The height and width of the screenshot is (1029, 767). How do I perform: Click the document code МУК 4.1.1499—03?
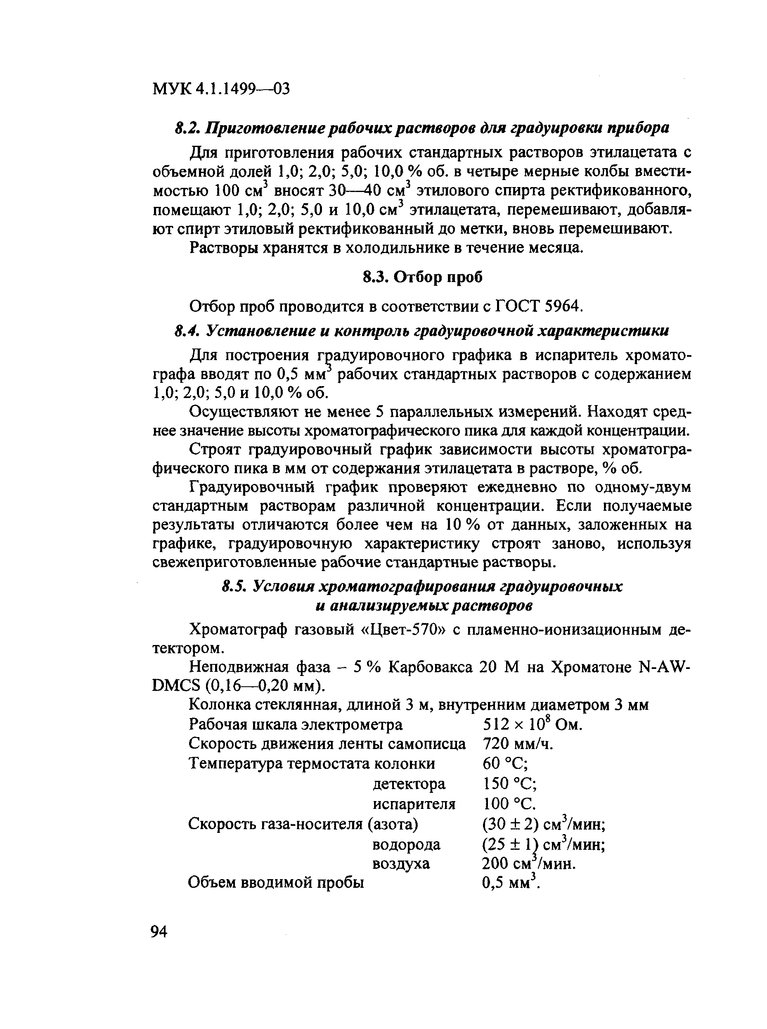(221, 88)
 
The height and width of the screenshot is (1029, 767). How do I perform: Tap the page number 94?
(159, 932)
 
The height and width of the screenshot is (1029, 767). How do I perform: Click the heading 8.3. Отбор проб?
(422, 277)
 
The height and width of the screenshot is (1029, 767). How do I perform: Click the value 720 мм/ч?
(518, 744)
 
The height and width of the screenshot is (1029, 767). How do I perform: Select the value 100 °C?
(510, 804)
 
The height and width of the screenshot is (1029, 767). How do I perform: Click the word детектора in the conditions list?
(409, 784)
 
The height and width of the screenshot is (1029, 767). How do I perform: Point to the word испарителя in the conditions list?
(414, 804)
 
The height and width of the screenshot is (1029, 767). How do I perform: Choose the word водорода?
(406, 844)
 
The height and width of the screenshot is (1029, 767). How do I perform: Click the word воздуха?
(401, 864)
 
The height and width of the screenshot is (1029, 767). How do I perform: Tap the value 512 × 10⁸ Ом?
(532, 724)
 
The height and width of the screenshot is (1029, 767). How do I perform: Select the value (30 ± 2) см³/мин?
(544, 824)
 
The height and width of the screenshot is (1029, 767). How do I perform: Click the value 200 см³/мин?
(529, 864)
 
